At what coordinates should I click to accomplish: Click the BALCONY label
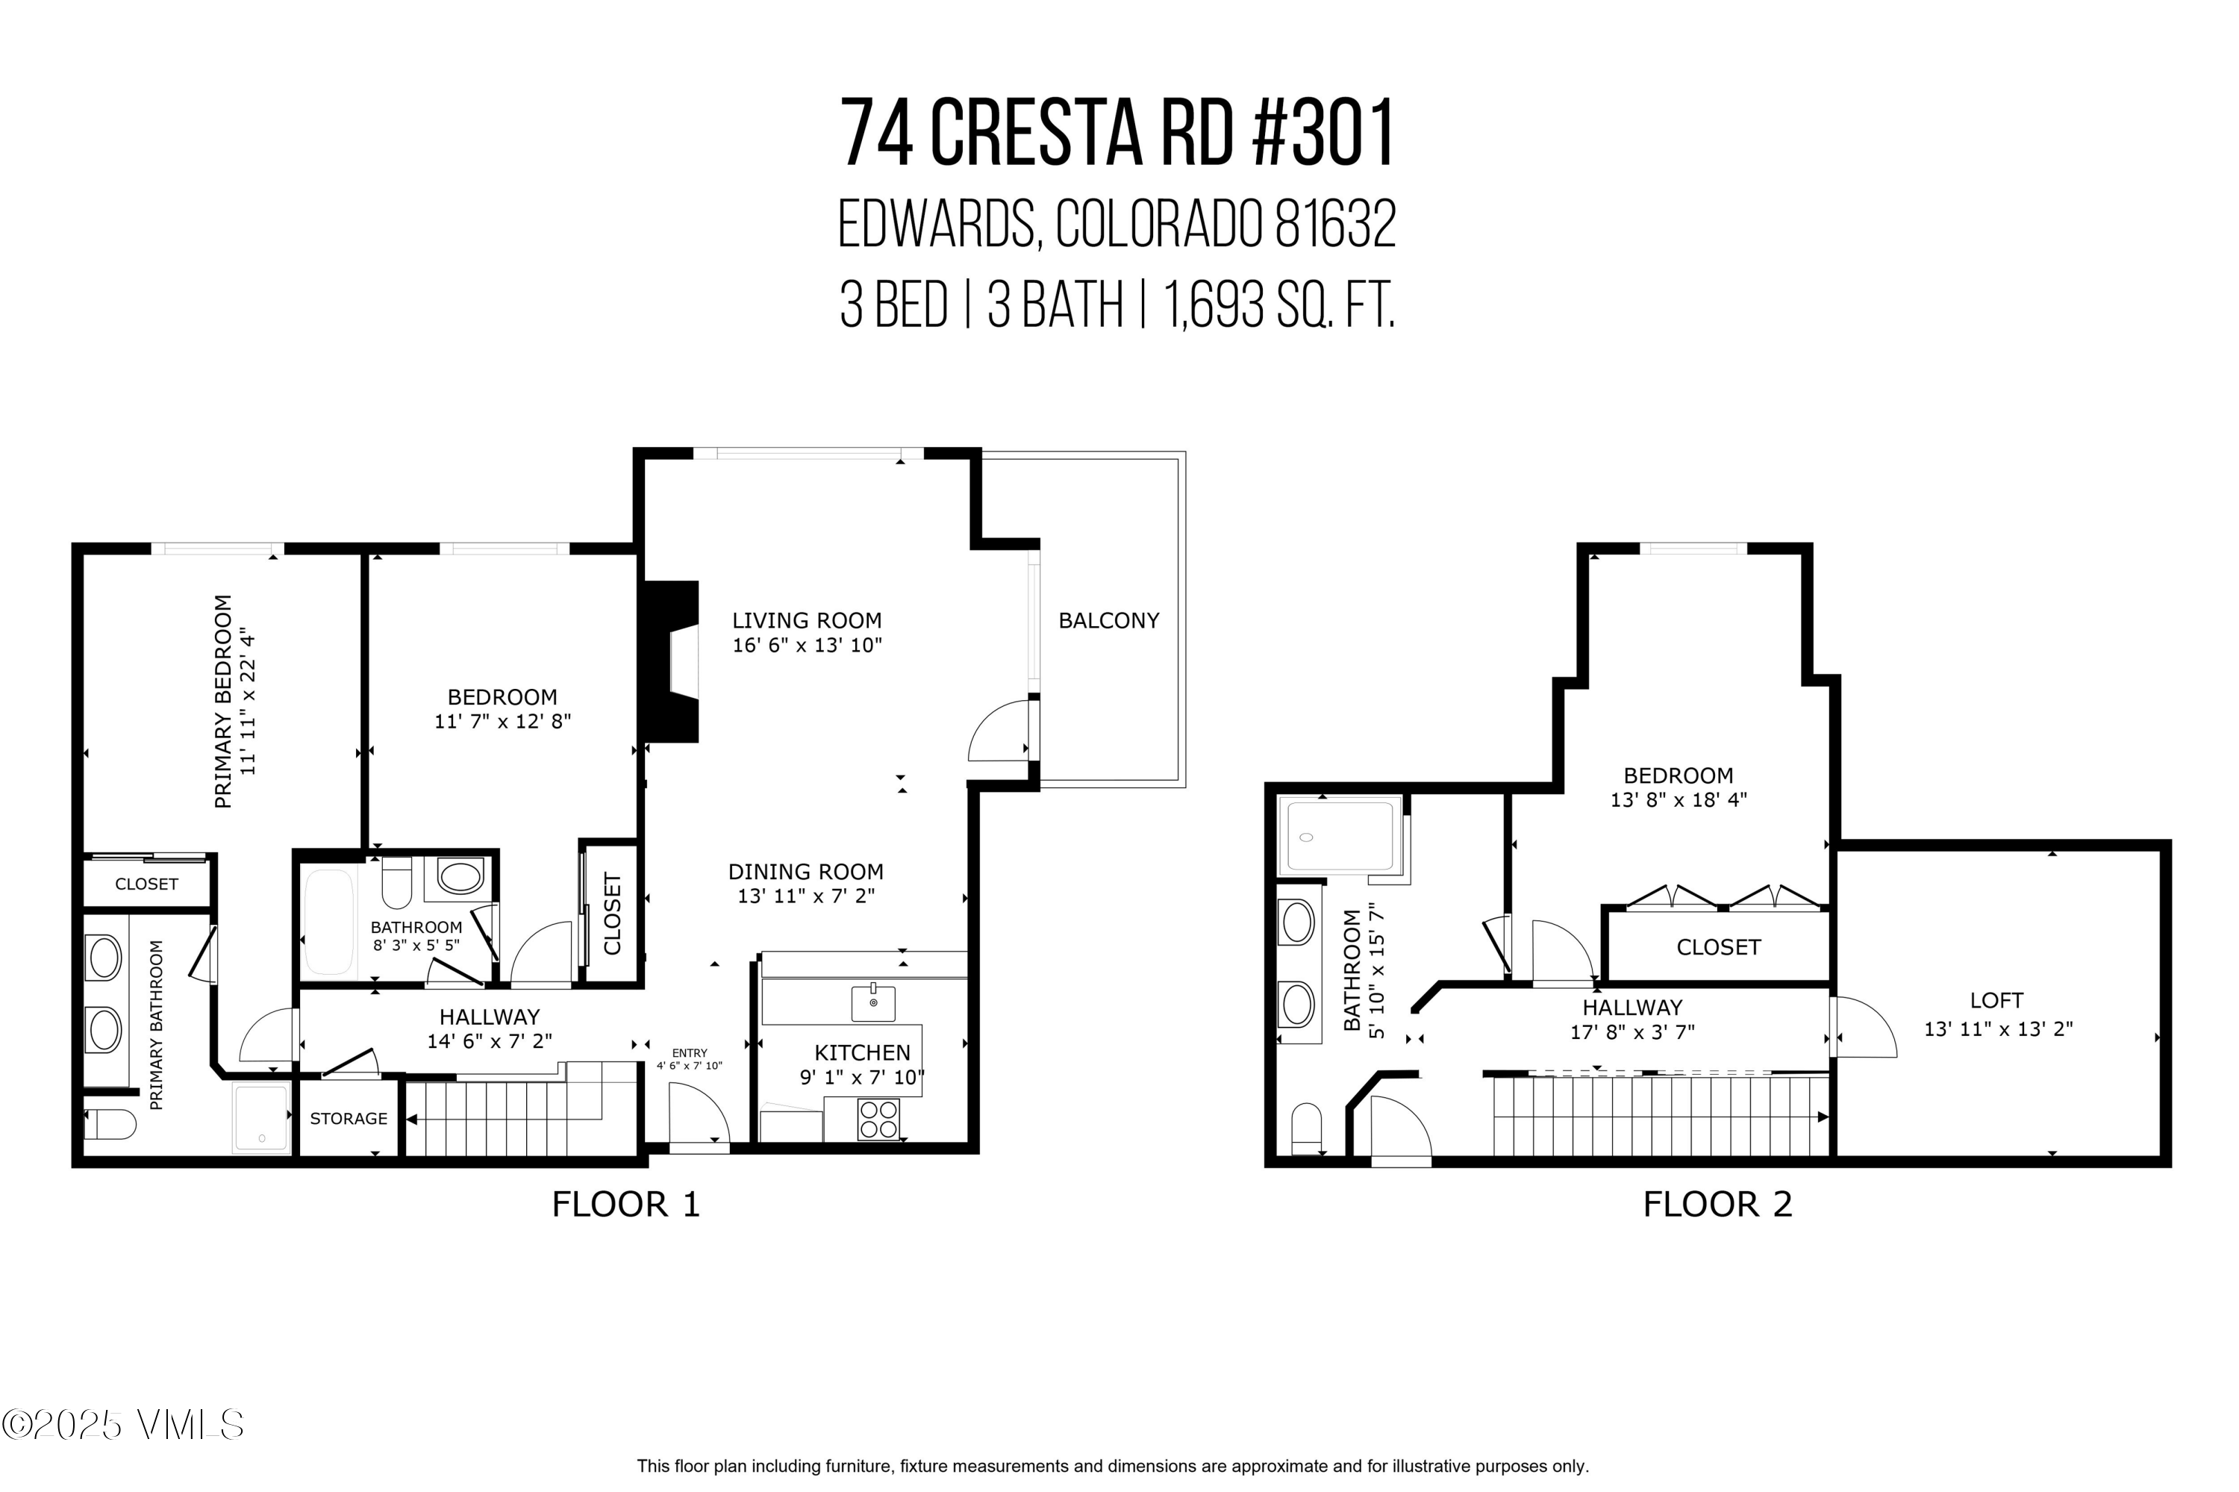(1108, 620)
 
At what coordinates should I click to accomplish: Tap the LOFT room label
(1996, 1000)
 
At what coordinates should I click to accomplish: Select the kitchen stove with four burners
(878, 1119)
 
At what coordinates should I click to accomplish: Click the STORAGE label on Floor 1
(349, 1118)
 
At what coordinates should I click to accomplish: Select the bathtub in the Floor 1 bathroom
(329, 921)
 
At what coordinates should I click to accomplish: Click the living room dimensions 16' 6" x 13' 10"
(807, 645)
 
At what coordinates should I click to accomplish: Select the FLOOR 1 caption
(626, 1205)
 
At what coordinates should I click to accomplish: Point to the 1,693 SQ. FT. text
(1280, 305)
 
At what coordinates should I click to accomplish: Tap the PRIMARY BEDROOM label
(224, 702)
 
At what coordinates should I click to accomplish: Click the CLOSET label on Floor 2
(1719, 946)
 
